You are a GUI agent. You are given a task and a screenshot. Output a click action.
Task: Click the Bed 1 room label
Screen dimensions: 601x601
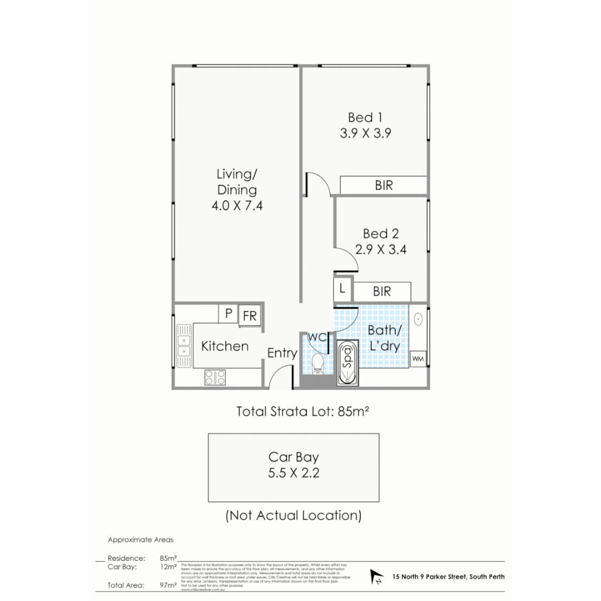click(x=361, y=117)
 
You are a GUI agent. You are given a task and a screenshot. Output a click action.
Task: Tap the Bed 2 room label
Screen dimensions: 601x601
click(x=381, y=234)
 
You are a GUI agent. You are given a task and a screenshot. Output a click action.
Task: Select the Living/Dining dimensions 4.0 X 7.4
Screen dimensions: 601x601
click(x=236, y=205)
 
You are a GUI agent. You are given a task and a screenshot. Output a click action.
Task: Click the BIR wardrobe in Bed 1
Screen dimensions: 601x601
click(x=383, y=185)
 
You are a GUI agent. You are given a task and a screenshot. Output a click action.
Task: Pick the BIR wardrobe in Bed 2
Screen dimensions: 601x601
click(x=382, y=291)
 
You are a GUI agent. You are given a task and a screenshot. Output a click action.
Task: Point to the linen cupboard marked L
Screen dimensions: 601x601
click(x=342, y=289)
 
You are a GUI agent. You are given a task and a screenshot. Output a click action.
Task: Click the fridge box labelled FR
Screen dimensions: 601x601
click(x=250, y=316)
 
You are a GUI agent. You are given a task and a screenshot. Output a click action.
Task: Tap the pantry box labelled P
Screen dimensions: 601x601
click(x=228, y=314)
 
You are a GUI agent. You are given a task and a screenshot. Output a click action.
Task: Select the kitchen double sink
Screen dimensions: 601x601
click(x=183, y=345)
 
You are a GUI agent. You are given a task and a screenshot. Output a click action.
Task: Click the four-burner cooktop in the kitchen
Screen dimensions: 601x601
click(x=215, y=377)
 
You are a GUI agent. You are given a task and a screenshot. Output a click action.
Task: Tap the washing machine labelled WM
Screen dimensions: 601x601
click(x=418, y=359)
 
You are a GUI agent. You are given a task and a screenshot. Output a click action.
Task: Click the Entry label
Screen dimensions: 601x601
click(x=282, y=353)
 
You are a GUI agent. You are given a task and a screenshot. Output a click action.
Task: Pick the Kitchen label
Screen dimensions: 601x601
click(x=225, y=346)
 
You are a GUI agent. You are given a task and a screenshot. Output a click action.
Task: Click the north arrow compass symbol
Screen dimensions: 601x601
click(x=377, y=577)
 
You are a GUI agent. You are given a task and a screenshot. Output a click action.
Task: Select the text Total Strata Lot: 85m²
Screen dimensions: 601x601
click(x=304, y=412)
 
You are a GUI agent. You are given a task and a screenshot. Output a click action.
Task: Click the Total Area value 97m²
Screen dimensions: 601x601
click(x=168, y=585)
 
